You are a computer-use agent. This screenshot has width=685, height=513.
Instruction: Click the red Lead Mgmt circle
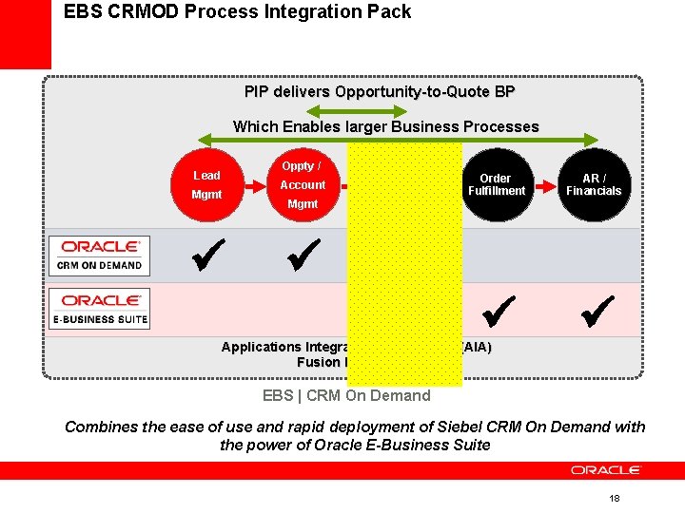tap(206, 185)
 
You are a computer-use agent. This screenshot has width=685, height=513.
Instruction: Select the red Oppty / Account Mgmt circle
tap(303, 185)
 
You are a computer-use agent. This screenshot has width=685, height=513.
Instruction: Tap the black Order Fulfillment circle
tap(496, 185)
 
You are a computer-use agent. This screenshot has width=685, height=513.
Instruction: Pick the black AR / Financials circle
tap(594, 185)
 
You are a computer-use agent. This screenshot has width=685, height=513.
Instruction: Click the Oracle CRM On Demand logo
tap(100, 256)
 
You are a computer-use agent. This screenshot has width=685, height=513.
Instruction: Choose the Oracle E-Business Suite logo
tap(100, 309)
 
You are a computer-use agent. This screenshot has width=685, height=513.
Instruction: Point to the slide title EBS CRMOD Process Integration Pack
tap(237, 12)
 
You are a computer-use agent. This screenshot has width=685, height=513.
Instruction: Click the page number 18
tap(614, 499)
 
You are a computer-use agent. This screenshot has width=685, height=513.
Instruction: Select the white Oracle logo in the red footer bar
tap(605, 470)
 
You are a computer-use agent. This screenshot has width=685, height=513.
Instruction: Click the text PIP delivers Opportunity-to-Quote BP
tap(380, 92)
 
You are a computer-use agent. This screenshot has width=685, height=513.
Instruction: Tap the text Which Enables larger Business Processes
tap(385, 126)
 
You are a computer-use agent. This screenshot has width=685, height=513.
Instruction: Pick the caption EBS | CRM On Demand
tap(346, 396)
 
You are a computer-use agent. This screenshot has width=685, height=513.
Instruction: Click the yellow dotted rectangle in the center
tap(404, 264)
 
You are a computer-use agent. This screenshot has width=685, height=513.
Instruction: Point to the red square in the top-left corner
tap(25, 34)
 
